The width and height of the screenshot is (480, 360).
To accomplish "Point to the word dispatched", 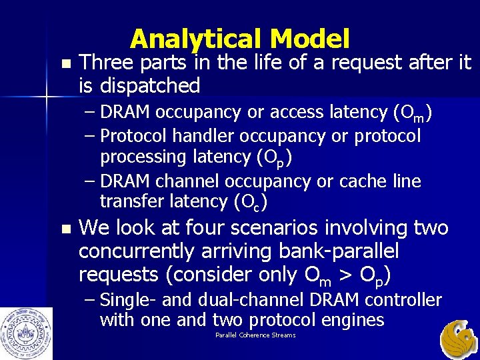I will pyautogui.click(x=150, y=85).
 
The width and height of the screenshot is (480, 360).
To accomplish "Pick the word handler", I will pyautogui.click(x=207, y=136).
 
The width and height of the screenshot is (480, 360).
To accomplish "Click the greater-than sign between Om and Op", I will pyautogui.click(x=346, y=275).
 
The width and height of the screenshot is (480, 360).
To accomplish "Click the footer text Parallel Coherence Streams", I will pyautogui.click(x=255, y=335).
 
